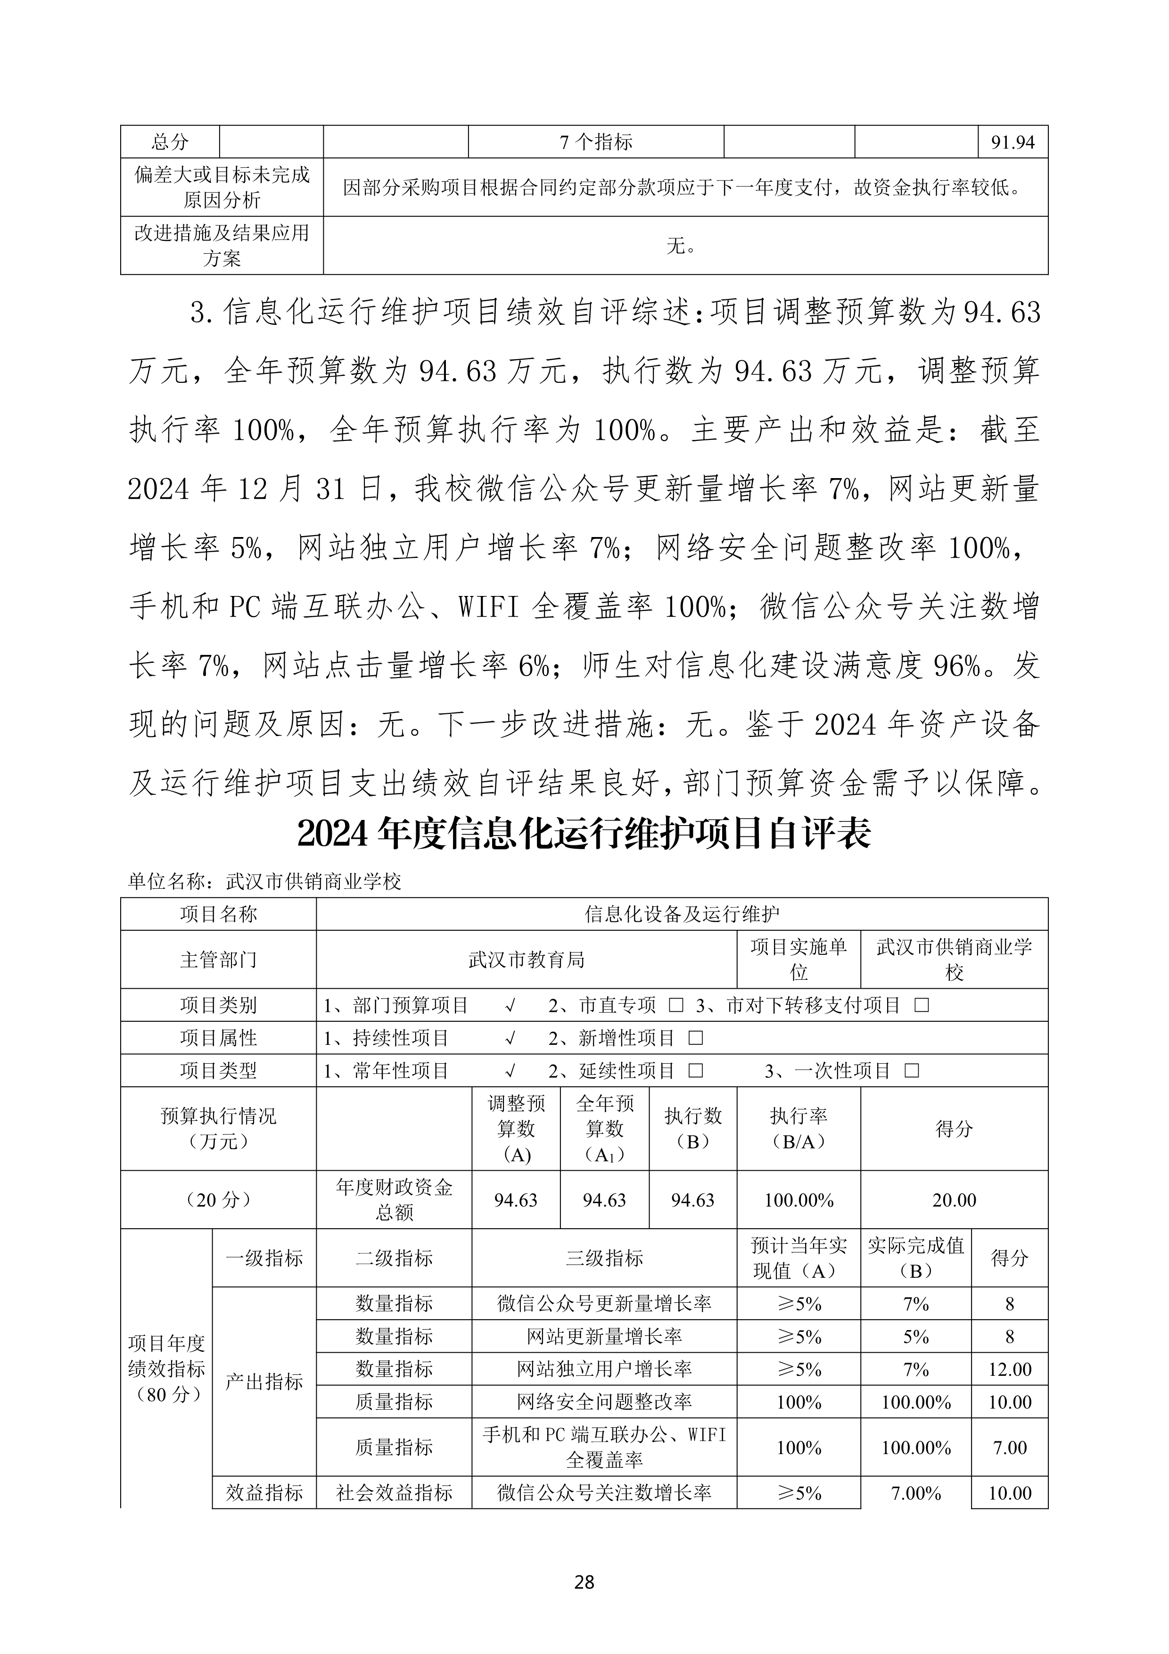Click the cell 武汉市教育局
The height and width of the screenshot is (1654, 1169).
[x=526, y=959]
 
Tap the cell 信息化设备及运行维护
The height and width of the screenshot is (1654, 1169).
[x=682, y=914]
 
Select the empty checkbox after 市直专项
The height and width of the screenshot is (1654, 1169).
[x=675, y=1005]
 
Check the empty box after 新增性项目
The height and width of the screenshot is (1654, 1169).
[x=695, y=1038]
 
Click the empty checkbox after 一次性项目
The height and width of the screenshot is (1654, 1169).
[x=911, y=1071]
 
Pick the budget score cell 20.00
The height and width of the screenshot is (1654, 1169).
[x=954, y=1200]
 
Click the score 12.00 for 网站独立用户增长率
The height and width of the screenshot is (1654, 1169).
[x=1009, y=1369]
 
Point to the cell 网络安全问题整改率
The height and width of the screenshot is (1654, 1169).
[x=604, y=1402]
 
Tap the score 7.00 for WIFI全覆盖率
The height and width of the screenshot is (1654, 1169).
[x=1009, y=1447]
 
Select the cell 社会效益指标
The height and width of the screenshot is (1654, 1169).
[x=394, y=1493]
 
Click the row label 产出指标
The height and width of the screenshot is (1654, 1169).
[x=264, y=1381]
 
